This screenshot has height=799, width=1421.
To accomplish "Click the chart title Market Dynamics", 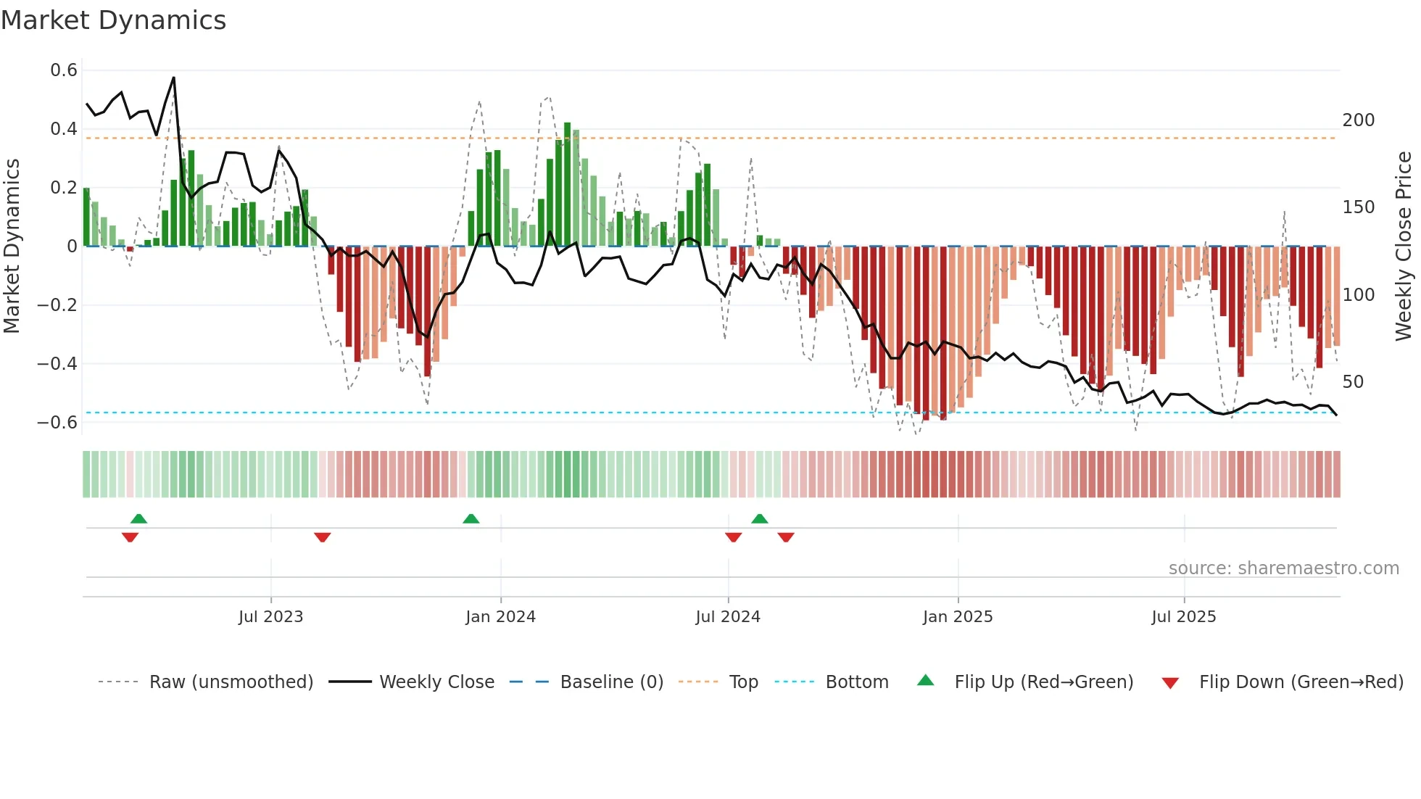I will pyautogui.click(x=113, y=20).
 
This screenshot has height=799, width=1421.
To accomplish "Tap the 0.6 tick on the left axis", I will pyautogui.click(x=64, y=70).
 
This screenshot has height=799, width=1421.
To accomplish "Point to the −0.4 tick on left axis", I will pyautogui.click(x=57, y=363).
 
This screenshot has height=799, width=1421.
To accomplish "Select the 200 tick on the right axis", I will pyautogui.click(x=1358, y=120).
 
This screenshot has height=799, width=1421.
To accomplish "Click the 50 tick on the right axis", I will pyautogui.click(x=1353, y=382).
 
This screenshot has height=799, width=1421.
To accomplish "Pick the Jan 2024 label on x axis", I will pyautogui.click(x=500, y=617).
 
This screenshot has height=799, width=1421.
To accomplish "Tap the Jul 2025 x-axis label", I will pyautogui.click(x=1183, y=617).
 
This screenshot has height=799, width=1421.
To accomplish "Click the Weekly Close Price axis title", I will pyautogui.click(x=1404, y=247).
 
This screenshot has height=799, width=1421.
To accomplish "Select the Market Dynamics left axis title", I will pyautogui.click(x=12, y=247).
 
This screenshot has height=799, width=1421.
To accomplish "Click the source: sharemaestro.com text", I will pyautogui.click(x=1283, y=568).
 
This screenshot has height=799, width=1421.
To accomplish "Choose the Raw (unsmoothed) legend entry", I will pyautogui.click(x=231, y=682).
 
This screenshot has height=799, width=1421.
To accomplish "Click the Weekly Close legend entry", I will pyautogui.click(x=436, y=682).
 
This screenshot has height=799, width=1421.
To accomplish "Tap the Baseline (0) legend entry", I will pyautogui.click(x=611, y=682).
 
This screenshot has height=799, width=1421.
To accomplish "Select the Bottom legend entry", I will pyautogui.click(x=856, y=682).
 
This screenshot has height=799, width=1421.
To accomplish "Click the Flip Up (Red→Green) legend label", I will pyautogui.click(x=1043, y=682).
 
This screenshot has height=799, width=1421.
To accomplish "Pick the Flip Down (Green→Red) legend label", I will pyautogui.click(x=1301, y=682).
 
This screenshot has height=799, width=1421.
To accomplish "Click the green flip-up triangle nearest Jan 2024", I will pyautogui.click(x=471, y=518).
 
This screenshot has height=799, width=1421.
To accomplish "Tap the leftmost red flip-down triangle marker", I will pyautogui.click(x=130, y=537).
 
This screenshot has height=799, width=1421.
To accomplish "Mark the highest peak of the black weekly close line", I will pyautogui.click(x=173, y=78).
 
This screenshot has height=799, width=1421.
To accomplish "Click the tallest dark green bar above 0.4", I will pyautogui.click(x=568, y=181).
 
